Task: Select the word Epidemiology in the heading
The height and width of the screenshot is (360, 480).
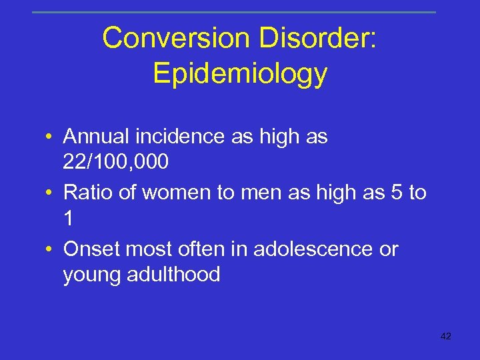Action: pos(240,73)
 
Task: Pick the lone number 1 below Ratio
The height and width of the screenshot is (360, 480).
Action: pos(69,218)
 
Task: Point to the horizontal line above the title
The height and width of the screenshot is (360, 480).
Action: pos(233,12)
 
